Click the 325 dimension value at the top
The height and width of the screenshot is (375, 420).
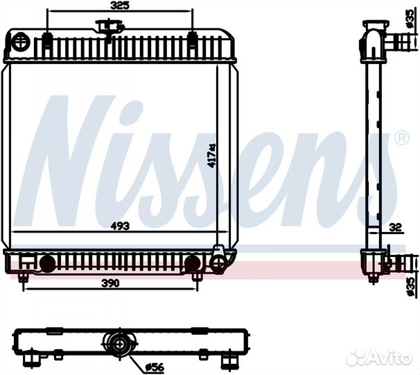pos(119,6)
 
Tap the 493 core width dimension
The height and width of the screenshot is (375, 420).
pos(121,226)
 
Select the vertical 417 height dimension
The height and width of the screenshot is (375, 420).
pos(212,156)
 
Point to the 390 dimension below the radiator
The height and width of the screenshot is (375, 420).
pos(111,283)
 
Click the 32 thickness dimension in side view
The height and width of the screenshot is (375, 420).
pos(396,227)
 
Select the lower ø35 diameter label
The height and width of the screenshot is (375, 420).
pos(410,287)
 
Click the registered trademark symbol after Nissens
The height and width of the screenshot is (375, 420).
pos(402,137)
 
